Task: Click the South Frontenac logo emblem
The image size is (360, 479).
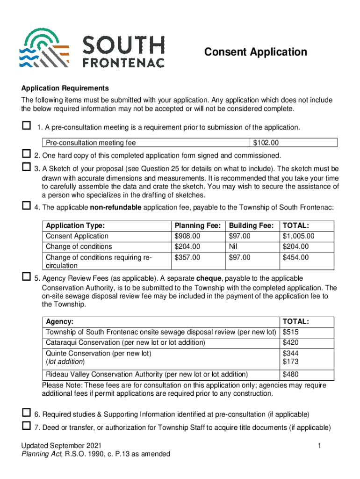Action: coord(44,48)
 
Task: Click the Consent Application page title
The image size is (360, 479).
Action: coord(256,52)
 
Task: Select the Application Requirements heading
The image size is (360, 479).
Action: coord(65,88)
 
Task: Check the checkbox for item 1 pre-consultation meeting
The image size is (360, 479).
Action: coord(26,126)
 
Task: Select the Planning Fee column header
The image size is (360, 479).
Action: coord(197,225)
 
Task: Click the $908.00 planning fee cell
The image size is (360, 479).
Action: coord(187,236)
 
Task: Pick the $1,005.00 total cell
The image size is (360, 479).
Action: coord(299,236)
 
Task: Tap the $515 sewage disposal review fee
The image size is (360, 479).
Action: coord(291,332)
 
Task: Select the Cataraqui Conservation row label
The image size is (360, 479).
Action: coord(125,342)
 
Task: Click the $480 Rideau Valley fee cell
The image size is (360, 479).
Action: coord(291,374)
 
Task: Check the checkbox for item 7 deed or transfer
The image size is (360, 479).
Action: coord(26,426)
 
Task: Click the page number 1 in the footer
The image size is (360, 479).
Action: coord(318,446)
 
